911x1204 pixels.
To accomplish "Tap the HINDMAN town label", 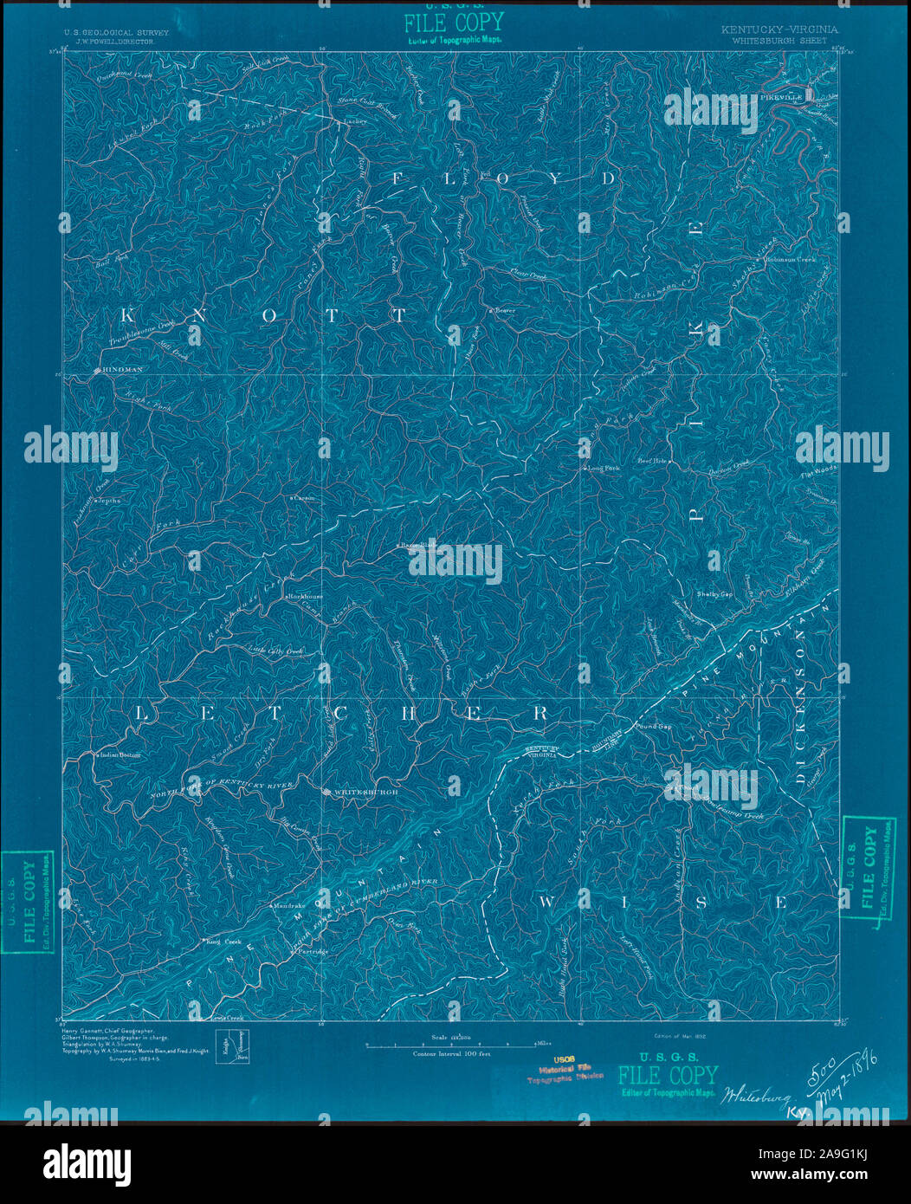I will click(121, 370).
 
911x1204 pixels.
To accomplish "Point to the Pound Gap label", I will click(654, 727).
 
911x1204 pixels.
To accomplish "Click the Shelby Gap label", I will click(714, 595).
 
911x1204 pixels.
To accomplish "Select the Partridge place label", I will click(313, 951).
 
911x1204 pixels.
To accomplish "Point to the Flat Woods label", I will click(818, 472).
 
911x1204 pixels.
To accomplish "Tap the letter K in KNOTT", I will click(141, 315).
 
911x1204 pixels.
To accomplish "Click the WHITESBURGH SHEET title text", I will click(779, 40).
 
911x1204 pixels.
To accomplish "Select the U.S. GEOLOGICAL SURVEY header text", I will click(115, 31).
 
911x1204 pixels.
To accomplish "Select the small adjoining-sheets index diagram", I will click(231, 1045).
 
